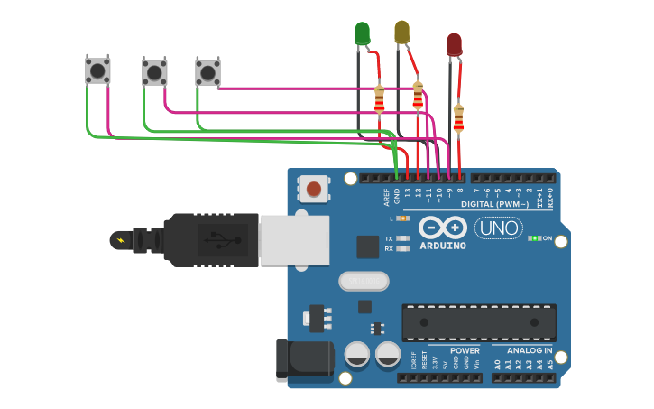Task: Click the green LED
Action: pyautogui.click(x=362, y=34)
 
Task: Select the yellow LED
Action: pyautogui.click(x=401, y=33)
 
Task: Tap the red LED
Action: pyautogui.click(x=454, y=44)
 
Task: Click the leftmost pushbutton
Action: pyautogui.click(x=97, y=70)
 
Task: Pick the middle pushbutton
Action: pyautogui.click(x=154, y=71)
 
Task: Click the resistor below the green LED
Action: pyautogui.click(x=379, y=99)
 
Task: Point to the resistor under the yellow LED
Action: pyautogui.click(x=418, y=95)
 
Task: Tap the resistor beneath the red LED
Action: pyautogui.click(x=458, y=118)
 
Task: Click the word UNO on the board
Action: pyautogui.click(x=499, y=228)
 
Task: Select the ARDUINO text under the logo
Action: pyautogui.click(x=443, y=246)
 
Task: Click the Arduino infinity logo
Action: pyautogui.click(x=443, y=228)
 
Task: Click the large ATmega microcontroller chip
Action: pyautogui.click(x=478, y=322)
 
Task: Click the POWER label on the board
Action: pyautogui.click(x=465, y=350)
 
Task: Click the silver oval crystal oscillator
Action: pyautogui.click(x=364, y=282)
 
